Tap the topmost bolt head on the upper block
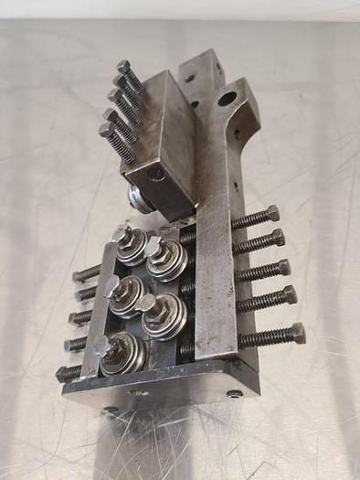pyautogui.click(x=122, y=68)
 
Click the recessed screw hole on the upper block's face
pyautogui.click(x=156, y=172)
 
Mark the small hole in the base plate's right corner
pyautogui.click(x=236, y=394)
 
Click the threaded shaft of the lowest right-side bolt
pyautogui.click(x=264, y=336)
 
